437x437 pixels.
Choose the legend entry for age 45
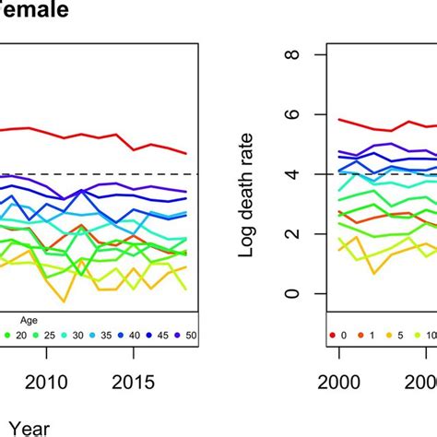[x=154, y=335]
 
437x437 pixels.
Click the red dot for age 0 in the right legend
[x=330, y=335]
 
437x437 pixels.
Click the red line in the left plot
[x=92, y=133]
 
